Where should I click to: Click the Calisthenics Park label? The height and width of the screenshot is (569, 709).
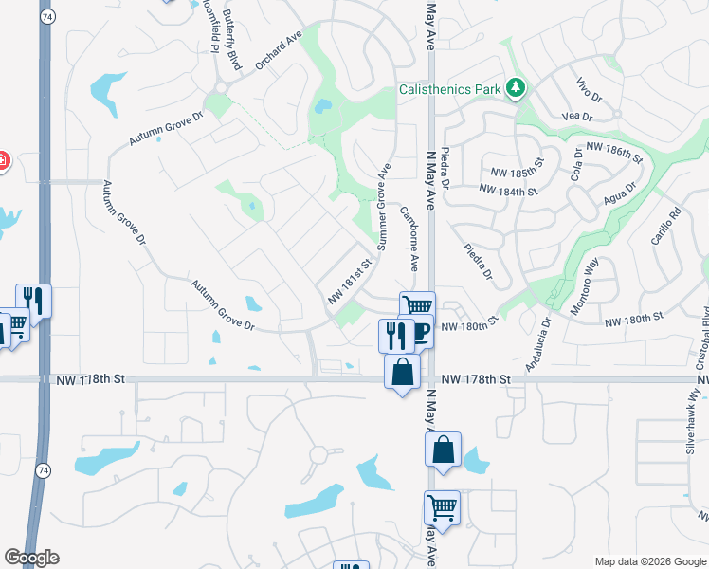[450, 90]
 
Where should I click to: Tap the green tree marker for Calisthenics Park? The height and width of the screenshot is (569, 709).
[516, 89]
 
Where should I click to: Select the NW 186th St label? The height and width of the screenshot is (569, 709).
[614, 149]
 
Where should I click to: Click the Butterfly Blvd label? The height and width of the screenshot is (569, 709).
[230, 40]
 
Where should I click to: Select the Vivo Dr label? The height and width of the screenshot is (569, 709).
[589, 91]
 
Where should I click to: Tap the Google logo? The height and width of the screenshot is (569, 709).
[31, 558]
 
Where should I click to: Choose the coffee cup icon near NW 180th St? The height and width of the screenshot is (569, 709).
[420, 333]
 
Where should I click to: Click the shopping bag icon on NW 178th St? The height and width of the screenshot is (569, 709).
[402, 370]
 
